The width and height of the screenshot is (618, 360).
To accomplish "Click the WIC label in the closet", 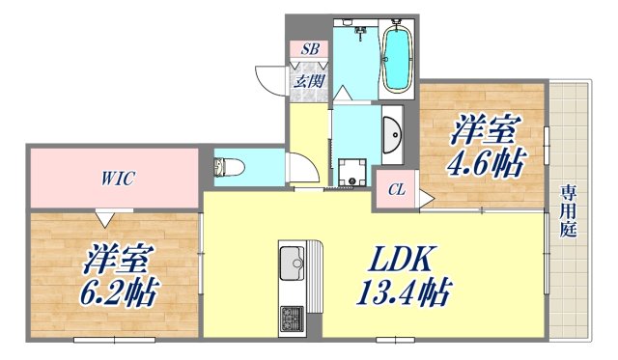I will (114, 178).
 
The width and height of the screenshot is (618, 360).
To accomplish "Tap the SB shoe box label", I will (309, 49).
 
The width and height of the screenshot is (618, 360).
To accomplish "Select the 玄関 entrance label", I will (309, 80).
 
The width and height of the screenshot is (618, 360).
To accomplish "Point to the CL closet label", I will (397, 190).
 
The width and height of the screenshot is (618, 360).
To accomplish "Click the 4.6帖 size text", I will (483, 160).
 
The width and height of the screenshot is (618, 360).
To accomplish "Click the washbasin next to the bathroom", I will (392, 135).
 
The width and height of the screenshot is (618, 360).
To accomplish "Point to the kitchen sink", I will (292, 261).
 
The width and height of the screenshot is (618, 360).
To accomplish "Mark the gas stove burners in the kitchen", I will (291, 316).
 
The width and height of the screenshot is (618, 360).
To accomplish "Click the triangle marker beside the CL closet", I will (425, 200).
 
